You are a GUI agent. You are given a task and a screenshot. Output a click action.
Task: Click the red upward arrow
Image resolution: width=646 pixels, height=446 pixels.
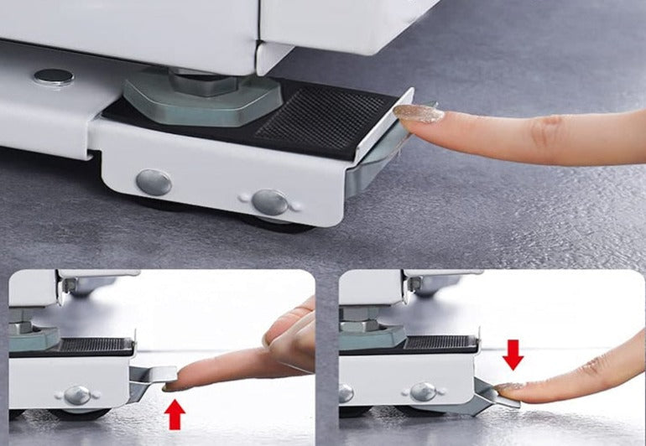pyautogui.click(x=175, y=414)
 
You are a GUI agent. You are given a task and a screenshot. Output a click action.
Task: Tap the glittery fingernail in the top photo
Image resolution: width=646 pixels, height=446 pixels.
pyautogui.click(x=418, y=113)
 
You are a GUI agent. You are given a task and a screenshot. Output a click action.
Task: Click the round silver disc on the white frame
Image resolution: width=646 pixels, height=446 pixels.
pyautogui.click(x=54, y=76)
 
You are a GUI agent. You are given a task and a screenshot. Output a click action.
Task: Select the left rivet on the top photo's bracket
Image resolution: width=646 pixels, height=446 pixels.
pyautogui.click(x=154, y=182)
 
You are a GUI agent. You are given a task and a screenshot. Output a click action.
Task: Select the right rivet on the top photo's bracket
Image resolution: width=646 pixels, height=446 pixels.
pyautogui.click(x=269, y=201)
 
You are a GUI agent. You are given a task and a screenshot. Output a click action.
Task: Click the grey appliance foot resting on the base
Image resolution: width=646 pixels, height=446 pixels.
pyautogui.click(x=201, y=97)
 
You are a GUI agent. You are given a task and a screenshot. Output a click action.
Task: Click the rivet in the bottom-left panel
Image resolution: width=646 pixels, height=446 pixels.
pyautogui.click(x=76, y=394)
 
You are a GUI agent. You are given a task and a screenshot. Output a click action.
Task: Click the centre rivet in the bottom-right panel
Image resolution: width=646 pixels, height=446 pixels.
pyautogui.click(x=423, y=392)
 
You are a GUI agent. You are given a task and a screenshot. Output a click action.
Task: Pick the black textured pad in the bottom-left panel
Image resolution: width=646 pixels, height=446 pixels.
pyautogui.click(x=96, y=344)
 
